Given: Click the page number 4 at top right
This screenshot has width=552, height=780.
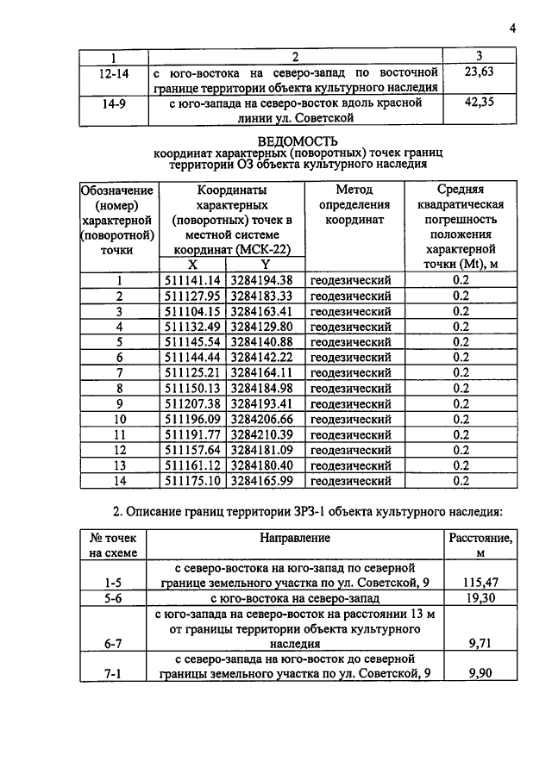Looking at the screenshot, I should (x=511, y=28).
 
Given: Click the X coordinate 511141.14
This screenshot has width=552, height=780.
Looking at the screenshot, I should (x=193, y=279).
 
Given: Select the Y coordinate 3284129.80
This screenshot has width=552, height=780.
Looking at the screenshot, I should (x=262, y=326).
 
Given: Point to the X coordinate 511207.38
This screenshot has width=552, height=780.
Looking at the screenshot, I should (x=193, y=403).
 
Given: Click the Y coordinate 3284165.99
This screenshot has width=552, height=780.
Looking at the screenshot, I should (x=262, y=481).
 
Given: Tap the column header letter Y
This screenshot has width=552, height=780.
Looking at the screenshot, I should (x=265, y=265).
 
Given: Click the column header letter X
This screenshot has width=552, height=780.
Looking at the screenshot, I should (x=192, y=265).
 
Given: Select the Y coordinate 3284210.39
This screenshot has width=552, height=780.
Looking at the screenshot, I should (x=262, y=434).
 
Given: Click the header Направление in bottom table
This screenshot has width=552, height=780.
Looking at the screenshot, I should (x=295, y=538).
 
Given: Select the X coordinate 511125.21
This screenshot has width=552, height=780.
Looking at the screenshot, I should (x=193, y=372).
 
